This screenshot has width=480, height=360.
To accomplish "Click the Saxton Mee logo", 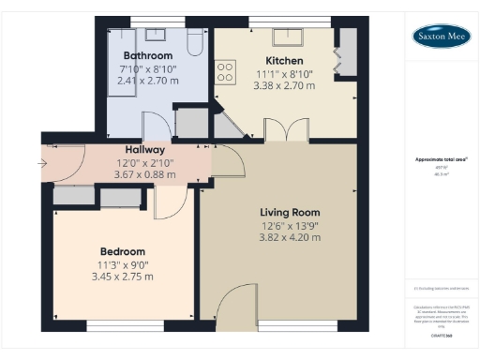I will [x=442, y=37].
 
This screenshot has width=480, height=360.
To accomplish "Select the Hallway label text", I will [x=145, y=149].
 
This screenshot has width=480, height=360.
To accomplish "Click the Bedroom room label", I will [x=123, y=251].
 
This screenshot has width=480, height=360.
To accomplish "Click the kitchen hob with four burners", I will [x=226, y=72].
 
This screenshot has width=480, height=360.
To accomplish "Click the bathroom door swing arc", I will [x=153, y=125].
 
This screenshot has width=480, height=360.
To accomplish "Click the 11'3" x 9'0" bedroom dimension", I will [x=123, y=263].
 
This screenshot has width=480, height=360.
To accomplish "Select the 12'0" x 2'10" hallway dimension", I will [x=145, y=161].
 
